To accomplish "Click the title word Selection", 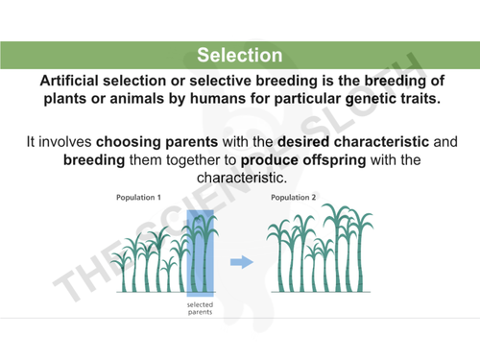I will click(x=239, y=56).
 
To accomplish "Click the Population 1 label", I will click(x=138, y=197).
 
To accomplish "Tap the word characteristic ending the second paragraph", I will click(x=239, y=179).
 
